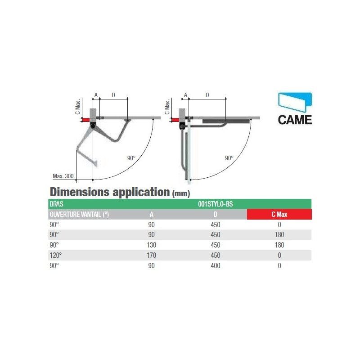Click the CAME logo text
(295, 120)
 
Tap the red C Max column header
(279, 214)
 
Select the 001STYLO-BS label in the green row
(216, 204)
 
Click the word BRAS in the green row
(57, 204)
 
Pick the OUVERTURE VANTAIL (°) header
(79, 215)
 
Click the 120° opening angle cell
(56, 255)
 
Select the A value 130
(151, 245)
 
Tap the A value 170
(151, 255)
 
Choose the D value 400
(216, 265)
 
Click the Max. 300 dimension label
(63, 176)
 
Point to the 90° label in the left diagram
(131, 158)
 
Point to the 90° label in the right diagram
(229, 158)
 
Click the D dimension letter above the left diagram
(113, 95)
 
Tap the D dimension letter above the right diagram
(207, 95)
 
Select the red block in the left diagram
(85, 120)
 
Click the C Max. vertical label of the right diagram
(167, 107)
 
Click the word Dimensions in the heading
(80, 192)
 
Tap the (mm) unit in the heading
(181, 193)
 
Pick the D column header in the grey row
(216, 214)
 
